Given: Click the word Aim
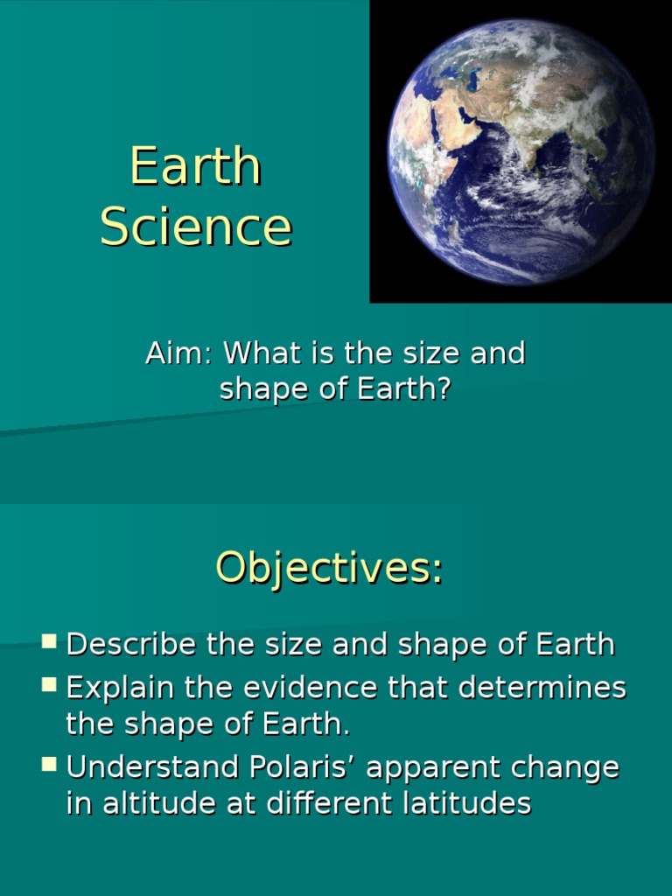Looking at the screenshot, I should (178, 353).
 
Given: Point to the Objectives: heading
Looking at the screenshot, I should (329, 568).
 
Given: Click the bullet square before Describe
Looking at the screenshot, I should (49, 641).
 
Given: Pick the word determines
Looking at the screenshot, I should (542, 688).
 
